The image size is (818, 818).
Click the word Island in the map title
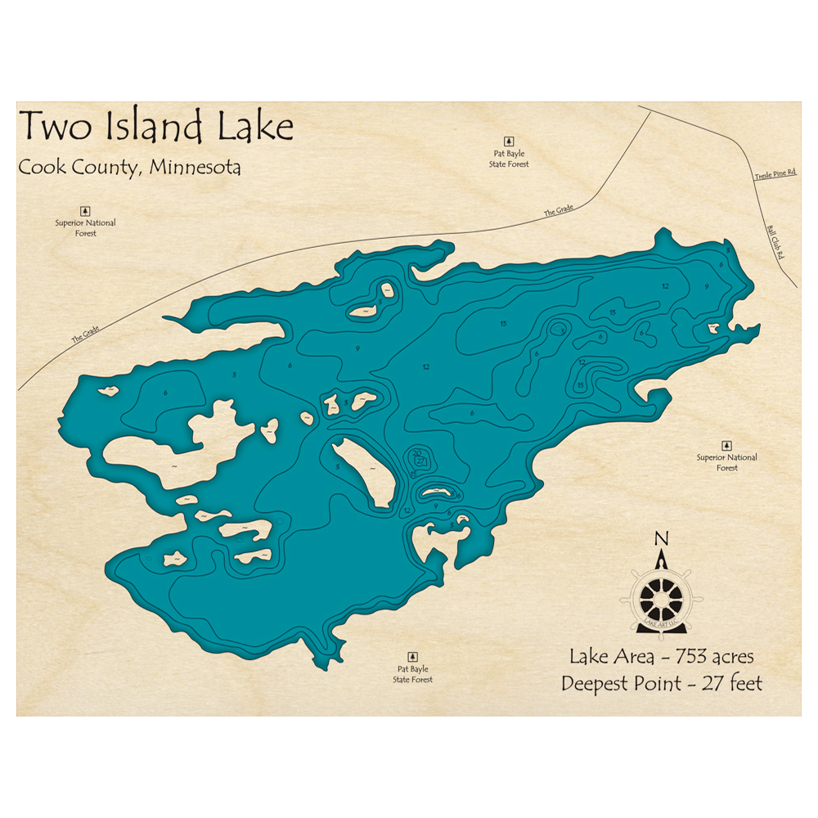click(155, 126)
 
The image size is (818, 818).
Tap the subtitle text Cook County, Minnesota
click(129, 167)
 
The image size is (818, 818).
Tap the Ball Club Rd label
click(775, 243)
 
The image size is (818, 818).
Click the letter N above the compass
click(662, 538)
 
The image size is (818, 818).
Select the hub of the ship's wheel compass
click(662, 600)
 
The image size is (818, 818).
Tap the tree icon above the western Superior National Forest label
click(85, 210)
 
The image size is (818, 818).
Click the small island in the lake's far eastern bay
click(711, 329)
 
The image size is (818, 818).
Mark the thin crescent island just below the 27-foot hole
click(435, 492)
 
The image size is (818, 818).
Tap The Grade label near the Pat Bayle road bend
click(559, 211)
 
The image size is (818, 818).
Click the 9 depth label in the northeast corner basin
click(705, 285)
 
